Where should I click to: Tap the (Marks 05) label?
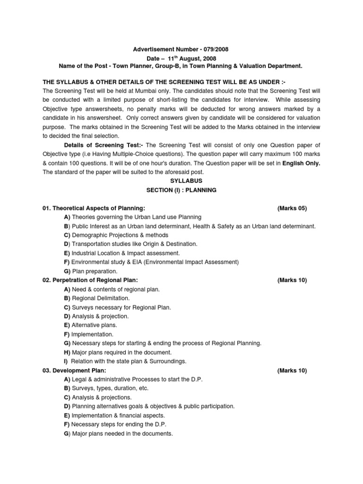tap(292, 208)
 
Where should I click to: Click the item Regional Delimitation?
tap(103, 298)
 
